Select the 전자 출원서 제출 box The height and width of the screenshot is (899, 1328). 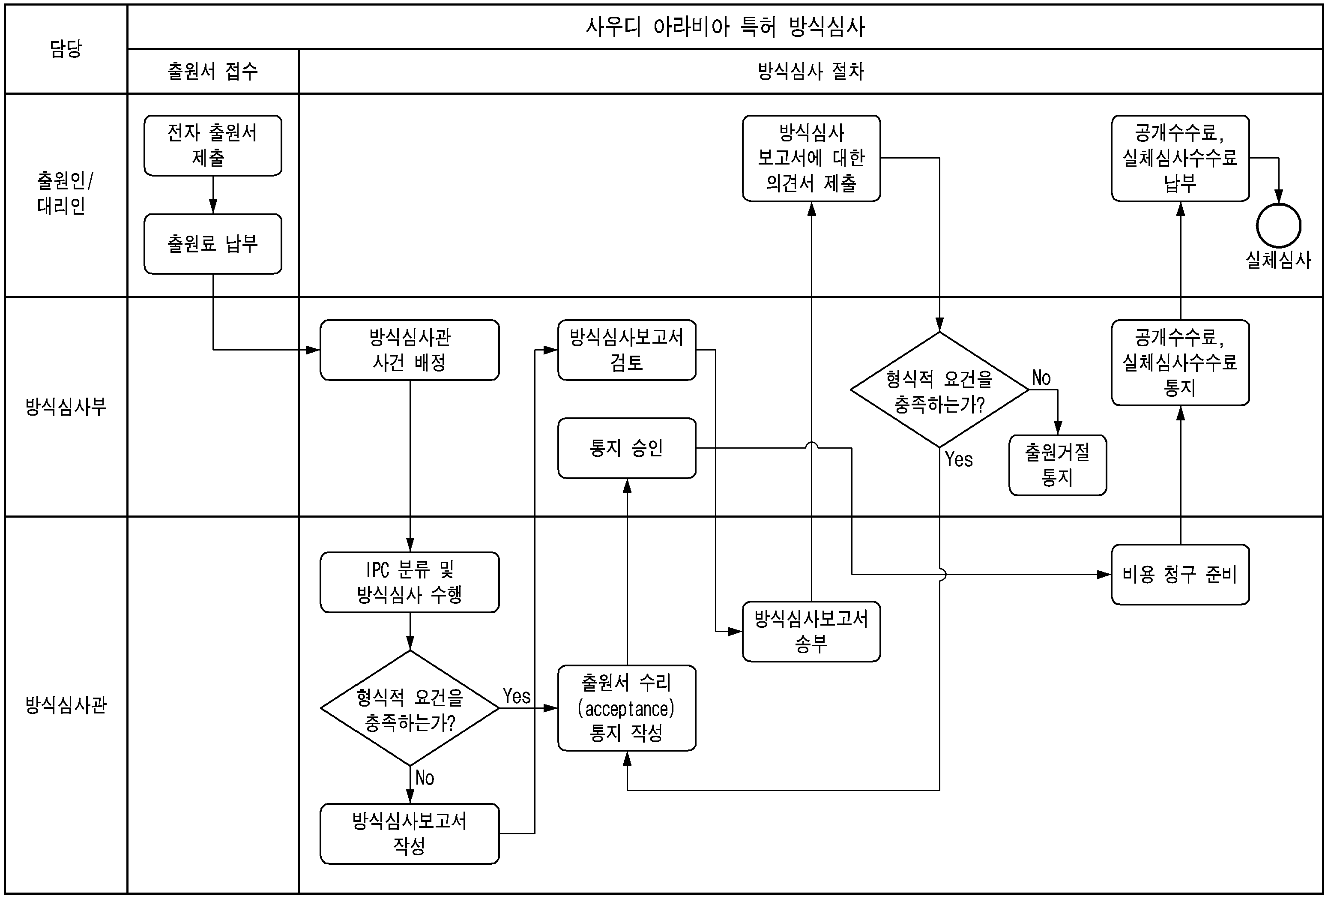tap(212, 146)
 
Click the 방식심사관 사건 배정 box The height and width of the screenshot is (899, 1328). tap(409, 350)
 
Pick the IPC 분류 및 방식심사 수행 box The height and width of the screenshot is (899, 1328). tap(409, 582)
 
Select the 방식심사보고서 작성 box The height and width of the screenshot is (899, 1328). tap(409, 833)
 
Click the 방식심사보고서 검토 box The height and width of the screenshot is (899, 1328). tap(626, 350)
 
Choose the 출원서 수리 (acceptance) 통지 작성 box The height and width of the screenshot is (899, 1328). tap(626, 707)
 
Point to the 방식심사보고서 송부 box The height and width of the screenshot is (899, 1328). tap(811, 631)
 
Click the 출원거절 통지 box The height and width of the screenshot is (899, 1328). tap(1057, 464)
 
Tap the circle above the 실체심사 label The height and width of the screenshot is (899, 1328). tap(1278, 226)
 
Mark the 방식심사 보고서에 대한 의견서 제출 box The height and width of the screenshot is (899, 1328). tap(811, 158)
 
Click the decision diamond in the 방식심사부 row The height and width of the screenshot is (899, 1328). tap(939, 390)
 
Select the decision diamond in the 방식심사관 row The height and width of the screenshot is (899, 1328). tap(409, 707)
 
